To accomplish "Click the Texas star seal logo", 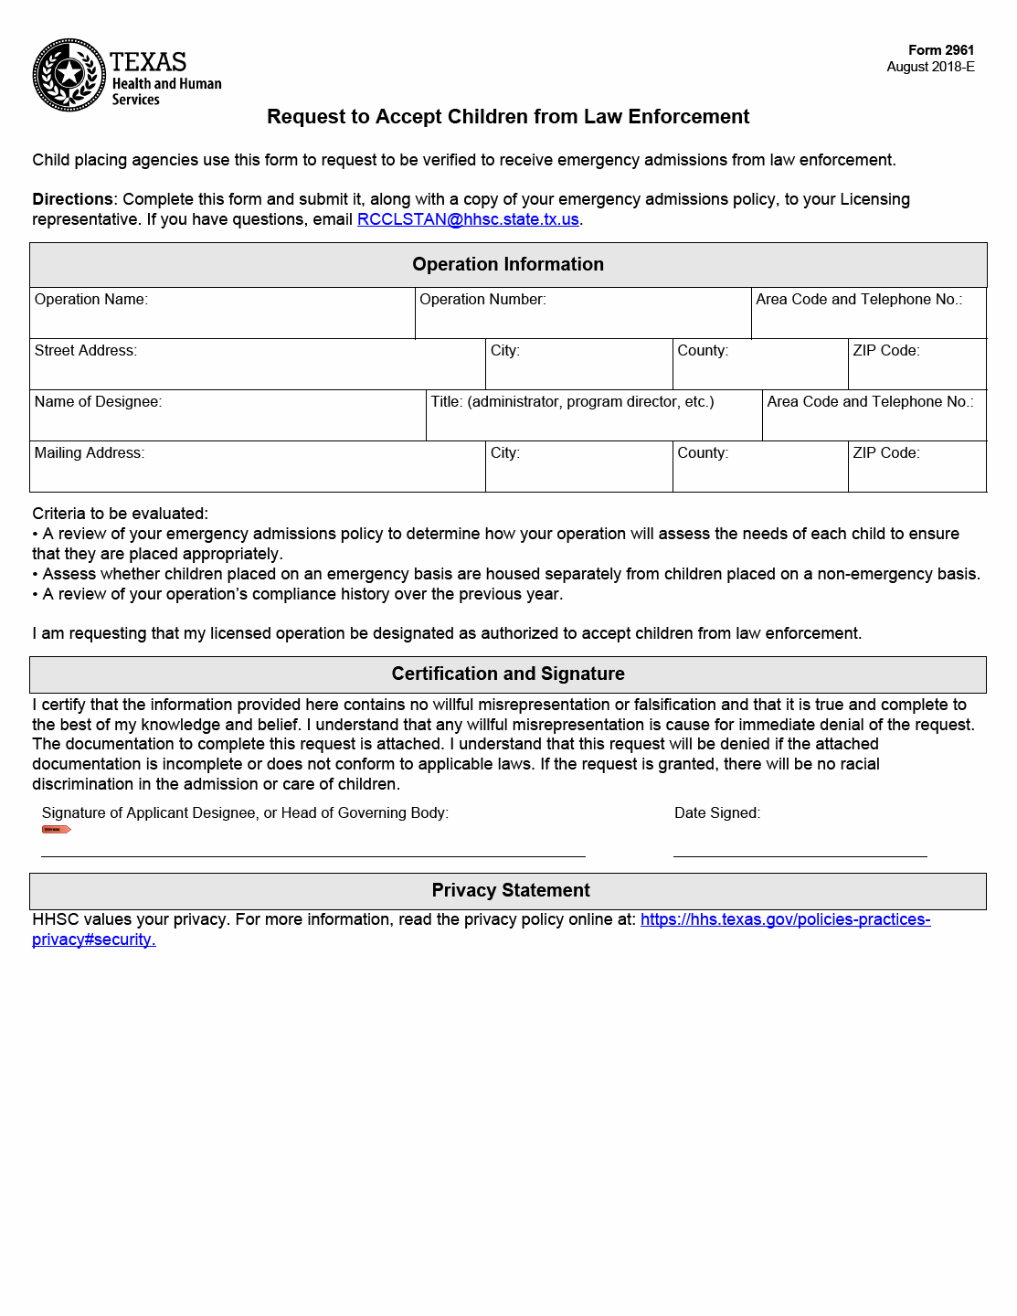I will (x=69, y=75).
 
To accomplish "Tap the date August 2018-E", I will (x=929, y=67).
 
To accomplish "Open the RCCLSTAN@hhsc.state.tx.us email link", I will (x=468, y=219).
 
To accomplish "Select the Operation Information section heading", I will (x=508, y=264).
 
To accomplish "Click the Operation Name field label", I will (x=91, y=300).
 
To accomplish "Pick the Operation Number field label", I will (x=482, y=300).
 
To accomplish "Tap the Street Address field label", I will (x=86, y=351).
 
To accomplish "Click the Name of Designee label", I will (x=98, y=402).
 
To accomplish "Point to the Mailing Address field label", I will (x=90, y=453).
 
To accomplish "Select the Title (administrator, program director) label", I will (x=572, y=402).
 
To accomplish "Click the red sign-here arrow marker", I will (x=56, y=830).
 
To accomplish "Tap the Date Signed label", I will (x=717, y=813).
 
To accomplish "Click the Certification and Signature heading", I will (x=508, y=674).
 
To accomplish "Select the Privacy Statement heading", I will (x=511, y=890).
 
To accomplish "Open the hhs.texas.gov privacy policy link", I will (x=785, y=919).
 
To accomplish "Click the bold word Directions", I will (x=72, y=199).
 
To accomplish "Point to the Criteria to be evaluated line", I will (x=121, y=514).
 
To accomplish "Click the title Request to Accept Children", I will (x=508, y=117).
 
